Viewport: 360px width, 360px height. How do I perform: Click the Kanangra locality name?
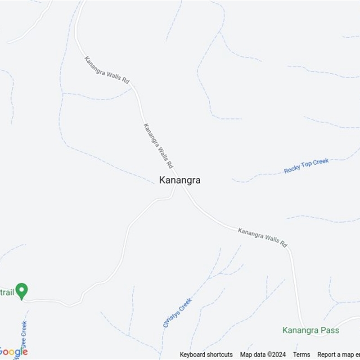(x=180, y=180)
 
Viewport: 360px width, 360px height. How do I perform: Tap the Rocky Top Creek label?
(x=306, y=166)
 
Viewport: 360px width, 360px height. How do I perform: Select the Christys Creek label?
(x=177, y=312)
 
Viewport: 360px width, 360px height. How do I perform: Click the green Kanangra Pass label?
(x=310, y=330)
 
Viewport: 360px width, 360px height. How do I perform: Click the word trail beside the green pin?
(x=8, y=292)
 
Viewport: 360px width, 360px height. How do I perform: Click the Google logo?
(x=13, y=351)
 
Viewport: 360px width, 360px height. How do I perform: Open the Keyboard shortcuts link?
(x=206, y=355)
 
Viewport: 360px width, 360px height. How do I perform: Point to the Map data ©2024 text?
(x=263, y=355)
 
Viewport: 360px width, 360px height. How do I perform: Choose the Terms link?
(x=301, y=355)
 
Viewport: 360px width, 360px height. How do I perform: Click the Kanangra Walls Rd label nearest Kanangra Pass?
(x=262, y=237)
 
